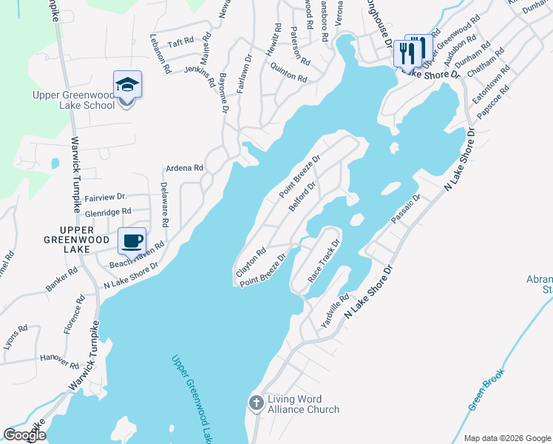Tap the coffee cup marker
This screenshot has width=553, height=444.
(x=132, y=241)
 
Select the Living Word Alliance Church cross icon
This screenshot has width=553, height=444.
(x=256, y=403)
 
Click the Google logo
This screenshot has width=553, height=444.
(x=24, y=435)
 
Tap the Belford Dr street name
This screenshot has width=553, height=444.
(x=302, y=197)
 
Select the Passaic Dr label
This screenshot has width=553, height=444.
(x=406, y=208)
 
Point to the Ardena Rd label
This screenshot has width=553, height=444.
(x=184, y=168)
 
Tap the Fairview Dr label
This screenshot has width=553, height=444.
(x=106, y=198)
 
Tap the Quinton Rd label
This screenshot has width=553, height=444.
(x=288, y=73)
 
